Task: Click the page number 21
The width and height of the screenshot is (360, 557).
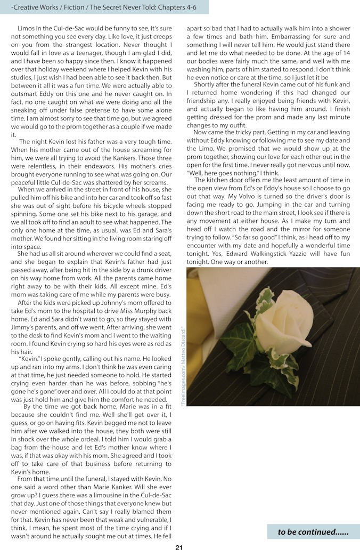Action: (179, 547)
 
